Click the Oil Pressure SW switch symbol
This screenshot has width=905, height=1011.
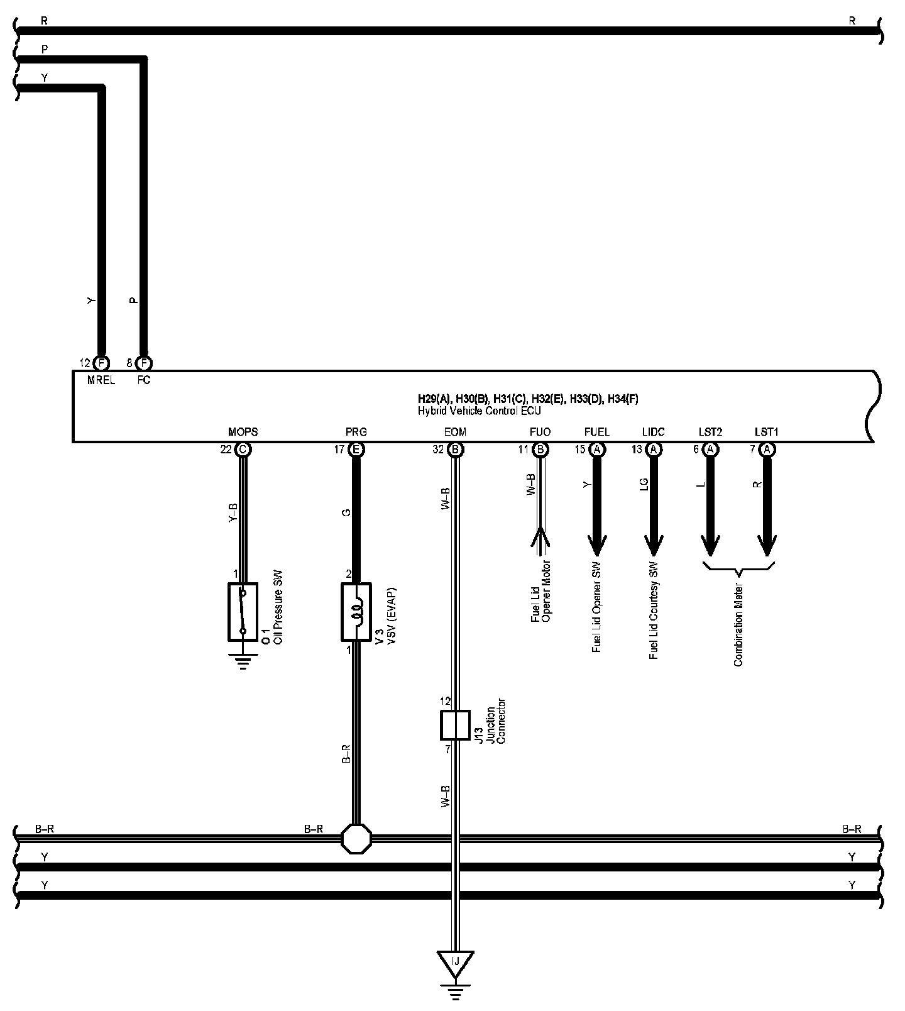click(243, 611)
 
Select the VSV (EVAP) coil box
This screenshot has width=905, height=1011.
click(356, 611)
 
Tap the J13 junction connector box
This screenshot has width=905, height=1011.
click(454, 725)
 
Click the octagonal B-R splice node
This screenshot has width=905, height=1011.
click(356, 837)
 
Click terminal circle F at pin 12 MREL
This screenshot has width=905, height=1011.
click(100, 363)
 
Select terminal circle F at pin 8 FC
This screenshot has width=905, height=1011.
click(144, 363)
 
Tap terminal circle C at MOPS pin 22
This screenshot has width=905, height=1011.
click(242, 450)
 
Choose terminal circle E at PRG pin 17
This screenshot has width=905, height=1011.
click(356, 450)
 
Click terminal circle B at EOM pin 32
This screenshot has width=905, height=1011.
click(455, 450)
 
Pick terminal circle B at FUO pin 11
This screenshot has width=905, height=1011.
click(540, 450)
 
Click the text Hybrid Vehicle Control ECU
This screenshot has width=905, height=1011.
click(480, 411)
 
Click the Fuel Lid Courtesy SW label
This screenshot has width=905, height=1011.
click(654, 610)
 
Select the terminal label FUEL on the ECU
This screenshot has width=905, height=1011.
click(596, 432)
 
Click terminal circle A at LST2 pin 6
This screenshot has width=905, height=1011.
click(710, 450)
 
